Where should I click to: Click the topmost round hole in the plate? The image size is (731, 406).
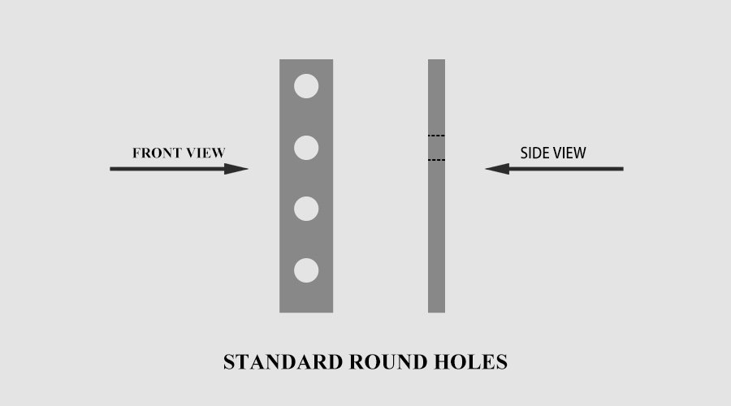point(306,86)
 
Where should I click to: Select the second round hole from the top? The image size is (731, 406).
point(306,148)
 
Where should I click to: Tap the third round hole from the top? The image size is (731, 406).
point(306,209)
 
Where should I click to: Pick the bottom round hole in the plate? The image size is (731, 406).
point(306,270)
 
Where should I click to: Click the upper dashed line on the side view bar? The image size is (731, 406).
point(436,136)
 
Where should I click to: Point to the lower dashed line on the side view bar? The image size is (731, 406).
point(436,160)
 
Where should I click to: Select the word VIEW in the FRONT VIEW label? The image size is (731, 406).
point(205,153)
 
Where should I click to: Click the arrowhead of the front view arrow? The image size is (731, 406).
point(236,169)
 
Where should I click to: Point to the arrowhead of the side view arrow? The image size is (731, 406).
point(497,169)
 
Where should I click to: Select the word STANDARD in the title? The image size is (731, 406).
point(283,362)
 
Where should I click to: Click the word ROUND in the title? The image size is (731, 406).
point(388,362)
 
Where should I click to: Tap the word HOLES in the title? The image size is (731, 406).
point(470,362)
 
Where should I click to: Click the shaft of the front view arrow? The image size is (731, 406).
point(167,169)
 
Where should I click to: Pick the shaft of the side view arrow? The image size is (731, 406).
point(566,169)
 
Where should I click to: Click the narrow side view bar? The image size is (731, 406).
point(436,233)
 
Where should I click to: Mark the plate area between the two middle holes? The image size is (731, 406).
point(306,179)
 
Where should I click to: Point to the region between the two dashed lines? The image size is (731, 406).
point(436,148)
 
